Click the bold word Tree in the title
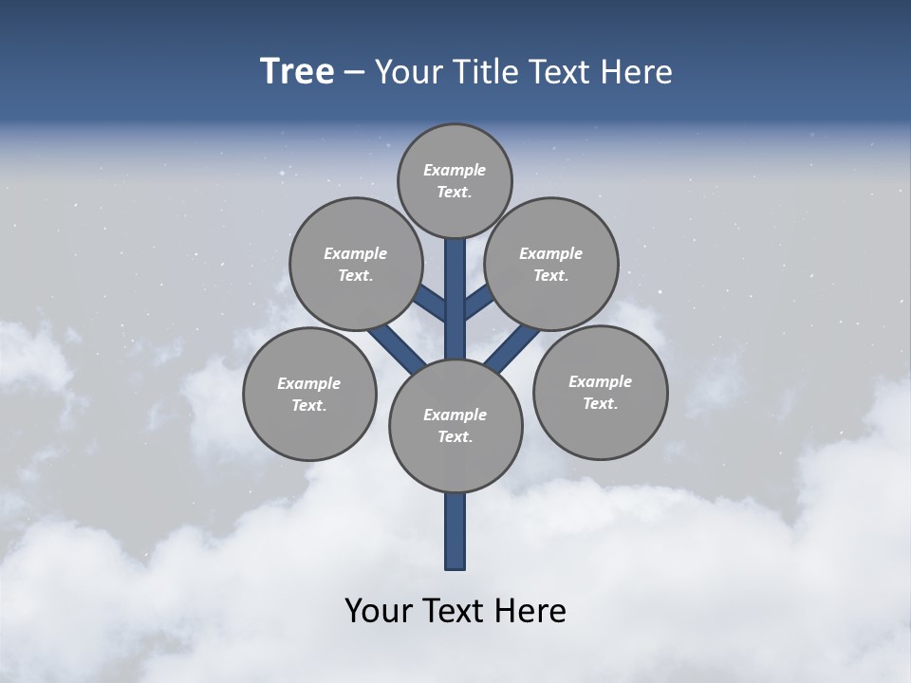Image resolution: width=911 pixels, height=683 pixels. [x=297, y=72]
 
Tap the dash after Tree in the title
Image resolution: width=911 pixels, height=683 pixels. [x=353, y=73]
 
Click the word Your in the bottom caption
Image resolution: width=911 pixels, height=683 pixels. [x=380, y=611]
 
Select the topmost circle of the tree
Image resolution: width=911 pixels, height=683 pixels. [x=455, y=180]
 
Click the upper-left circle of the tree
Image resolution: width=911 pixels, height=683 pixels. [x=356, y=264]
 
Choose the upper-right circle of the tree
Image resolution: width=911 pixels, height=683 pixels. [x=551, y=264]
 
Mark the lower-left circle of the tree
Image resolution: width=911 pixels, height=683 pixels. [x=309, y=394]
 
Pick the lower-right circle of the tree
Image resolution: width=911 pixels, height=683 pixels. [x=600, y=392]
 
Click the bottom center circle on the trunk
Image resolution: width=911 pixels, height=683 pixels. [x=455, y=425]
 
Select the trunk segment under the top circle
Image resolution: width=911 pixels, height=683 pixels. [x=455, y=285]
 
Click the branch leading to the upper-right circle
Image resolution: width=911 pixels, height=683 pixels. [x=478, y=303]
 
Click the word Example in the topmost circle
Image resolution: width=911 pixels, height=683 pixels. [x=455, y=170]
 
